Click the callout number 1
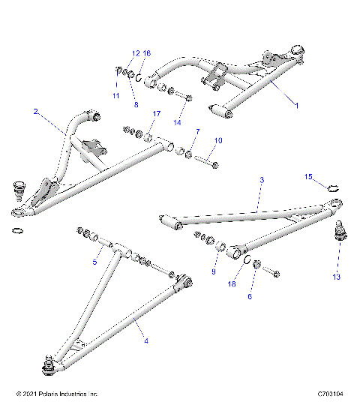[x=296, y=106]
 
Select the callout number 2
[x=35, y=111]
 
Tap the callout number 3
[x=262, y=181]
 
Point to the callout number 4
[x=145, y=341]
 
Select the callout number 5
[x=95, y=262]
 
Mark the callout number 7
[x=197, y=131]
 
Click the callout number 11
[x=115, y=96]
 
